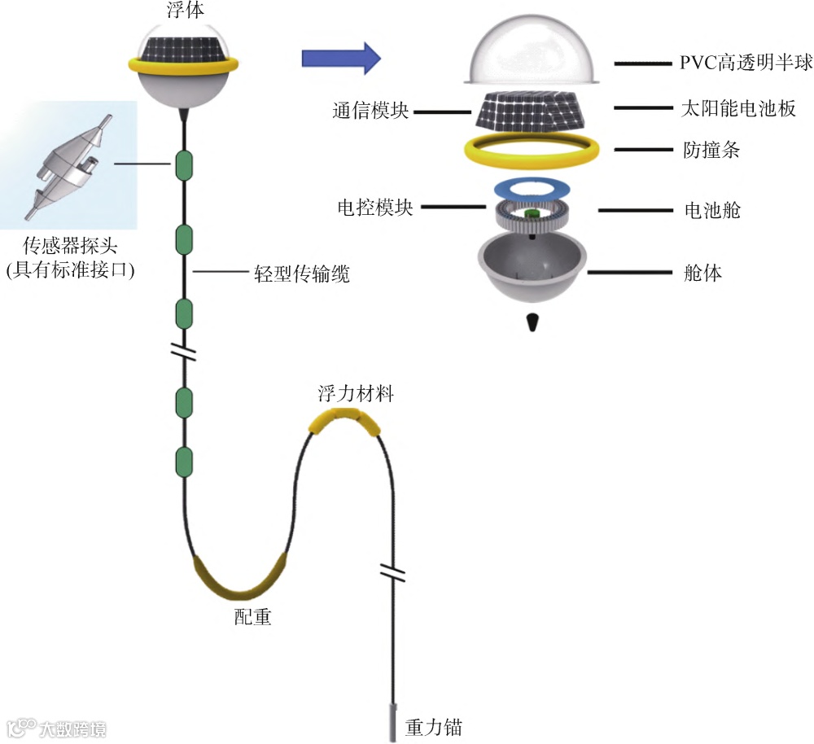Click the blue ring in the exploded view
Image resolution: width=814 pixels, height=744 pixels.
pyautogui.click(x=532, y=188)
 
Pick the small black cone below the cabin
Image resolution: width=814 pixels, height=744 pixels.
pyautogui.click(x=532, y=322)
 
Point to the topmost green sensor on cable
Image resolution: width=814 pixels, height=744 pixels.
pyautogui.click(x=184, y=166)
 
